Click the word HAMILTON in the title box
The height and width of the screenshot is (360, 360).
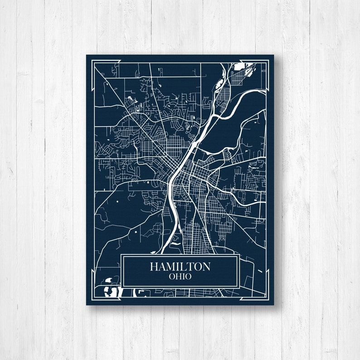point(180,266)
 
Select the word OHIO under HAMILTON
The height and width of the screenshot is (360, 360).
point(180,276)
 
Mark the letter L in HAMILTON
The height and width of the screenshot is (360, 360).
point(183,266)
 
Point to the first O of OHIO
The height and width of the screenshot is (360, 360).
point(171,276)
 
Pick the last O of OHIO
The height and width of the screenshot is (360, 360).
point(188,276)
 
